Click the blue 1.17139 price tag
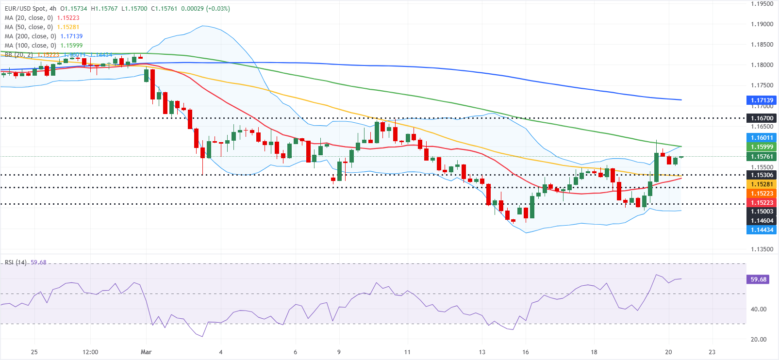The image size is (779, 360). tap(762, 100)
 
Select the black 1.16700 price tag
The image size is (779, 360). tap(762, 118)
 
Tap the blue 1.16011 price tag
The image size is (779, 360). tap(762, 138)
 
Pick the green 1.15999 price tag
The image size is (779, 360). tap(762, 147)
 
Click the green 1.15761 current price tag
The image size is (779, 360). tap(762, 157)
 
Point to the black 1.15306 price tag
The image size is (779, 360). tap(762, 175)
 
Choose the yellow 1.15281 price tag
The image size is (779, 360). tap(762, 184)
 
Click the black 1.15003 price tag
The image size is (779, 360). tap(762, 212)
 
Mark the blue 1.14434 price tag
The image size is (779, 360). tap(762, 230)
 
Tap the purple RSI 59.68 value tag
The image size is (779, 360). tap(758, 279)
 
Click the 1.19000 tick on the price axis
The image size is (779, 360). tap(762, 24)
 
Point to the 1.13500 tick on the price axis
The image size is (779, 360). tap(762, 249)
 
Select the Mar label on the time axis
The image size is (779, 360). tap(146, 352)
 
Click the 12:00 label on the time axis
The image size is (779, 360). tap(90, 352)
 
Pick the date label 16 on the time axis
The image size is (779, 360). tap(525, 352)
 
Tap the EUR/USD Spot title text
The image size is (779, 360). tap(25, 9)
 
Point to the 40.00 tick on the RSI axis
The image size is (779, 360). tap(758, 309)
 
